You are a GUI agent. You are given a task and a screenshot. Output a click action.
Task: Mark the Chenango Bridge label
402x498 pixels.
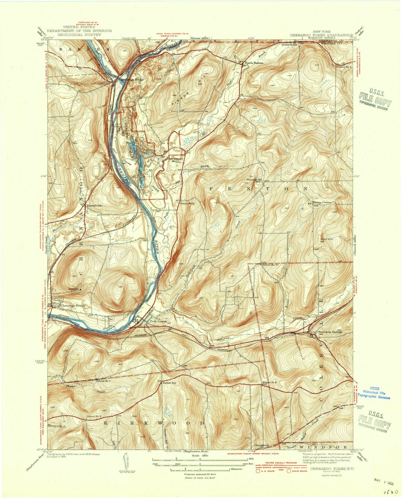point(73,306)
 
